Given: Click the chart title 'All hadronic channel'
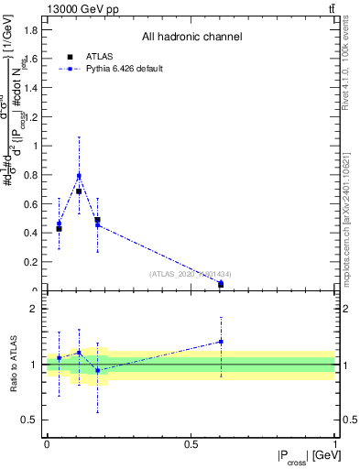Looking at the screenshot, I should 191,38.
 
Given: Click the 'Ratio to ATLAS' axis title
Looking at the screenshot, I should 13,365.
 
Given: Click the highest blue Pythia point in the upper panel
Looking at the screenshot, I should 79,176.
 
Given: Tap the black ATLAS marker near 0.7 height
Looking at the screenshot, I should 79,191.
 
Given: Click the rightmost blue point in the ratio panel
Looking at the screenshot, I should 221,342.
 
